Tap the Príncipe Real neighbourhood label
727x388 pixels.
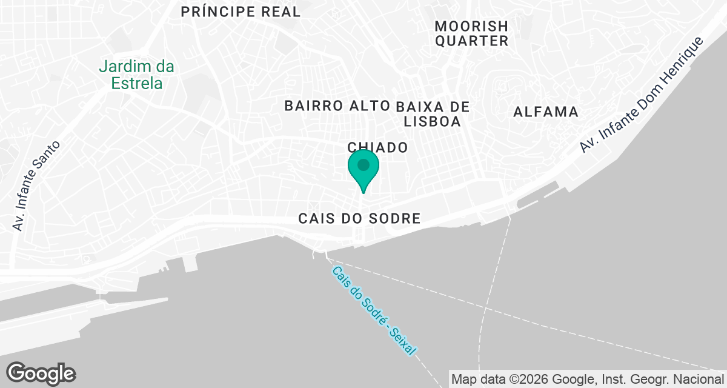(241, 12)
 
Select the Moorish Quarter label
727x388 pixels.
(471, 34)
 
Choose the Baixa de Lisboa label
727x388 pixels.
(433, 114)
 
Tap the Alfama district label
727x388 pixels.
(546, 112)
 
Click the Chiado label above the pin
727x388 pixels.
(377, 147)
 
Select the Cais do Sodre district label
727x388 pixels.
(359, 219)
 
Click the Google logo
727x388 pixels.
(41, 373)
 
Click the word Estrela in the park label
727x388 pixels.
(137, 83)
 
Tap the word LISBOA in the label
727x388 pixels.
(433, 121)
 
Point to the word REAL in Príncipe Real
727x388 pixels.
(279, 12)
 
